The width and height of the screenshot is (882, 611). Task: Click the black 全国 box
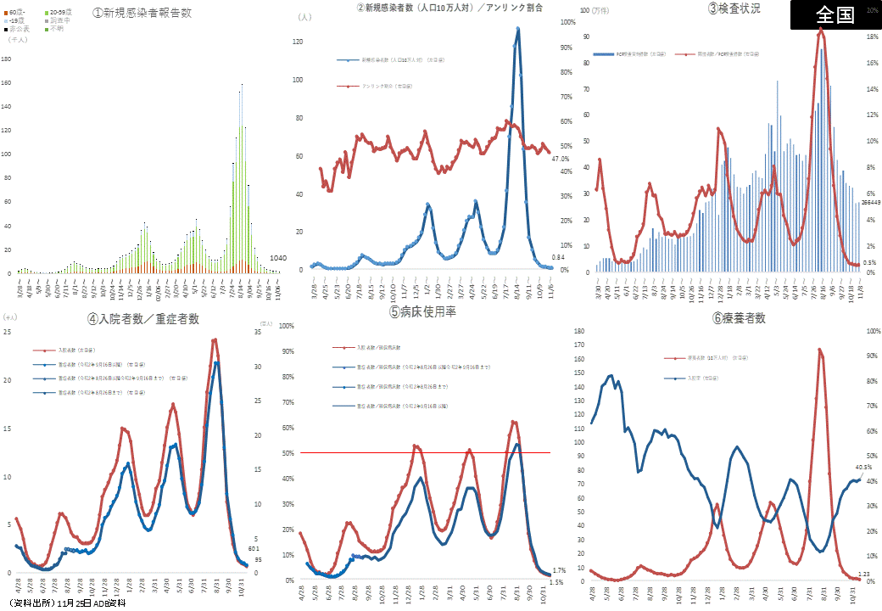point(835,15)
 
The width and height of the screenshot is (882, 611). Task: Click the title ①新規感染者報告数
point(143,14)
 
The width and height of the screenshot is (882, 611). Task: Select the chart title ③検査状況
point(734,8)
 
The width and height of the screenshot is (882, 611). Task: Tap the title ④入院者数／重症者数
point(143,319)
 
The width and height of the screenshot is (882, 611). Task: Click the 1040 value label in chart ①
point(279,257)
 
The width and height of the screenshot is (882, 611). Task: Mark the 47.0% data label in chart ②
point(560,159)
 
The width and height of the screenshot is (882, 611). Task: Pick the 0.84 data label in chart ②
point(558,257)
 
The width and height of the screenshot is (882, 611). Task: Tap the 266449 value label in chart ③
point(871,203)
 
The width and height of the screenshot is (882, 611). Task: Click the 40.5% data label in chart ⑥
point(863,467)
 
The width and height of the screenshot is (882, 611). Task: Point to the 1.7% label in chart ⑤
point(558,570)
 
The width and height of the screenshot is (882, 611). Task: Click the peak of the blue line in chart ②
point(517,29)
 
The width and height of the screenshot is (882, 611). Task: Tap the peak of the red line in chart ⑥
point(819,349)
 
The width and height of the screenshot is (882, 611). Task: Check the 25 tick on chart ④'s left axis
point(8,331)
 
